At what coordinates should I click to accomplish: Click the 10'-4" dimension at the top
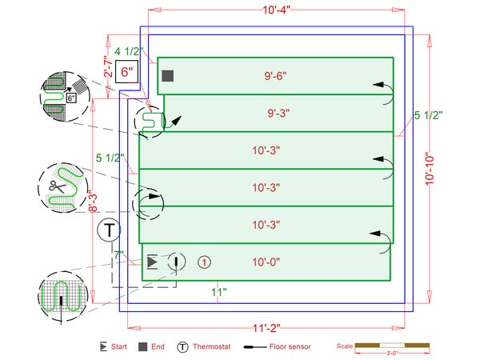tap(276, 10)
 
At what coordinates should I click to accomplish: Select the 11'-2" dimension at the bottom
tap(266, 328)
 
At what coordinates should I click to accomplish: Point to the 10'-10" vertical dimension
tap(430, 169)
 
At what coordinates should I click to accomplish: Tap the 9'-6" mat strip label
tap(275, 76)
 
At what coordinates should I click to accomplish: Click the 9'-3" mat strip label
tap(278, 113)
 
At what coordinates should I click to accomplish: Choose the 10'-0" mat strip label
tap(266, 262)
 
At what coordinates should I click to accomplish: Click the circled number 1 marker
tap(204, 262)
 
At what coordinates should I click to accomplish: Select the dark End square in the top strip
tap(168, 76)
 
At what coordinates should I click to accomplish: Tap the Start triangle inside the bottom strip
tap(153, 262)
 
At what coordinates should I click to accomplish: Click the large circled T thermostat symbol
tap(109, 230)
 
